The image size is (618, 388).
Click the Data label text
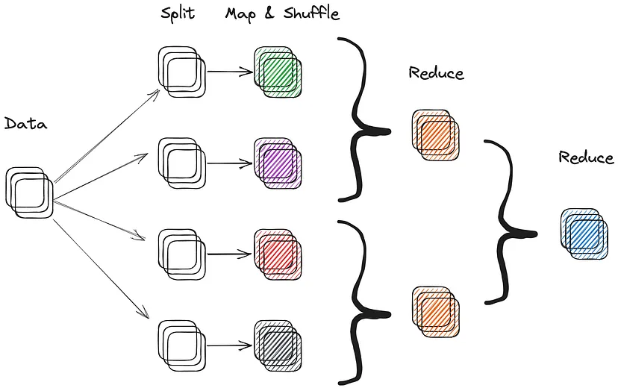tap(25, 124)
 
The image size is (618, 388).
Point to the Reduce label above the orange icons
tap(436, 73)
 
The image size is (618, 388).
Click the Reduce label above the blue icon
tap(586, 157)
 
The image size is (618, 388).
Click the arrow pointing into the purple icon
tap(229, 162)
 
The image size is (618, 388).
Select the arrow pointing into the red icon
tap(229, 254)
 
